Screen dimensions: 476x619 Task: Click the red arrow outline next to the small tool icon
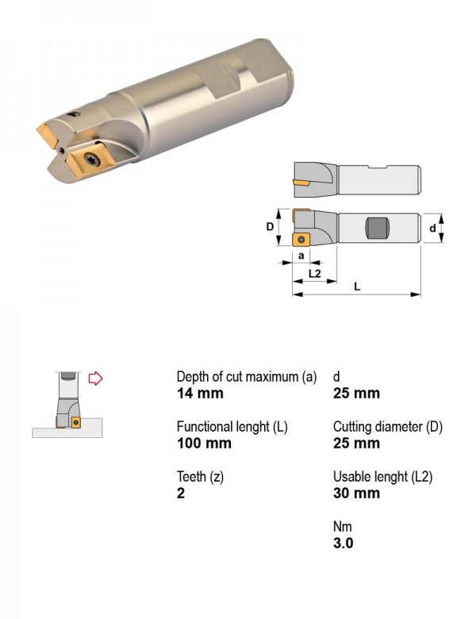95,379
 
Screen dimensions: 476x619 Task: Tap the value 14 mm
200,393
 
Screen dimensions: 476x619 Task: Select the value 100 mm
204,443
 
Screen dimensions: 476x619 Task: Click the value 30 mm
356,493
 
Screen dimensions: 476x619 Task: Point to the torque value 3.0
343,543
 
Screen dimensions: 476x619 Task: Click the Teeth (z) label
200,477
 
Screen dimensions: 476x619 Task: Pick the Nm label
342,527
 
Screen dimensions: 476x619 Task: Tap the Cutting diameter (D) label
388,427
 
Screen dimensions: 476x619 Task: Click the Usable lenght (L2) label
383,477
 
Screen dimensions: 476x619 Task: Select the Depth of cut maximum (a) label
247,377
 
